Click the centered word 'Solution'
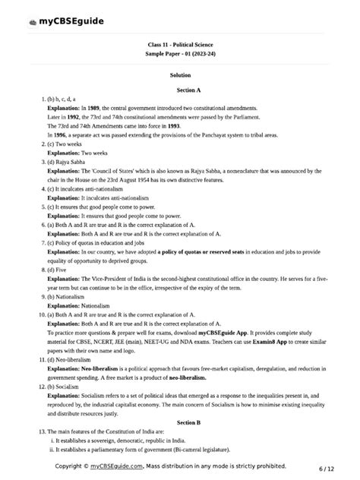click(180, 75)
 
